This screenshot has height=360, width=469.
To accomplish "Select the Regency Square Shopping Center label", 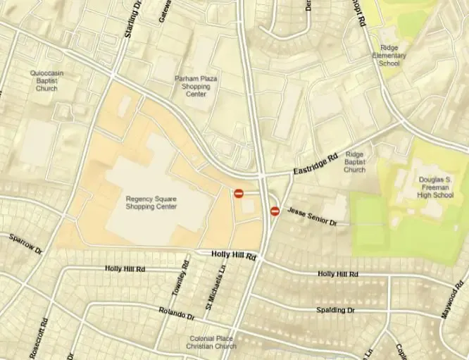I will click(x=151, y=202).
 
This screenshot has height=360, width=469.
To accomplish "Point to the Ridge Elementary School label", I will click(x=389, y=56).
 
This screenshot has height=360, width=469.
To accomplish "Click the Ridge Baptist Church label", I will click(x=354, y=161).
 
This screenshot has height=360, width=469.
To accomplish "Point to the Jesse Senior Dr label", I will click(x=313, y=216).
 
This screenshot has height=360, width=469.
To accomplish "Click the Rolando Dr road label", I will click(x=176, y=314).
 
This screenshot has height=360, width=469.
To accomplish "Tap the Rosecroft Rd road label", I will click(x=44, y=337).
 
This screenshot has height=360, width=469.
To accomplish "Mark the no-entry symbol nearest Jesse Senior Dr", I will click(x=275, y=210).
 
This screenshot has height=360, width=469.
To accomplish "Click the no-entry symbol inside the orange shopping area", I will click(x=239, y=193).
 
